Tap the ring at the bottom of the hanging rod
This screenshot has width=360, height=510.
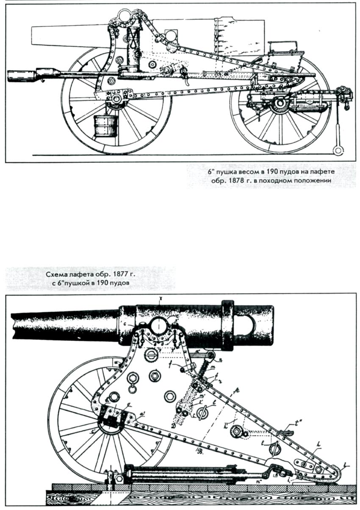pos(338,151)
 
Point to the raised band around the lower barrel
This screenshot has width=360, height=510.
pos(227,325)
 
